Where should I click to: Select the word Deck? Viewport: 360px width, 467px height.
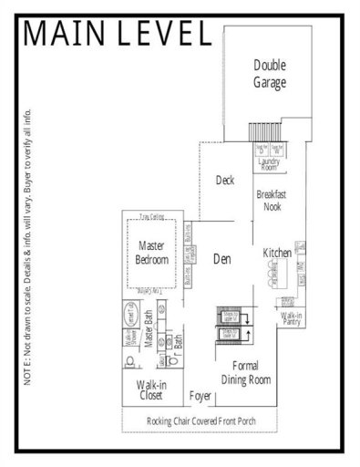(225, 181)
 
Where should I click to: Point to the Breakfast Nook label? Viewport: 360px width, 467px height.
(273, 201)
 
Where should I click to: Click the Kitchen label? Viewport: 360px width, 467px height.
(276, 252)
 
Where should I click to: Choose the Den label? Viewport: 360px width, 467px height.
(221, 259)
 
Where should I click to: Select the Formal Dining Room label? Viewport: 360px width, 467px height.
(246, 372)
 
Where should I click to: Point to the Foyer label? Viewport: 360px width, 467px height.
(201, 397)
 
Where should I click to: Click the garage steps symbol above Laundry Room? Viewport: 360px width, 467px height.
(265, 134)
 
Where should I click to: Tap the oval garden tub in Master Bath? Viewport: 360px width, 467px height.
(130, 311)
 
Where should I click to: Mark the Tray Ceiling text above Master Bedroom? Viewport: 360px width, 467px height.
(152, 216)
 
